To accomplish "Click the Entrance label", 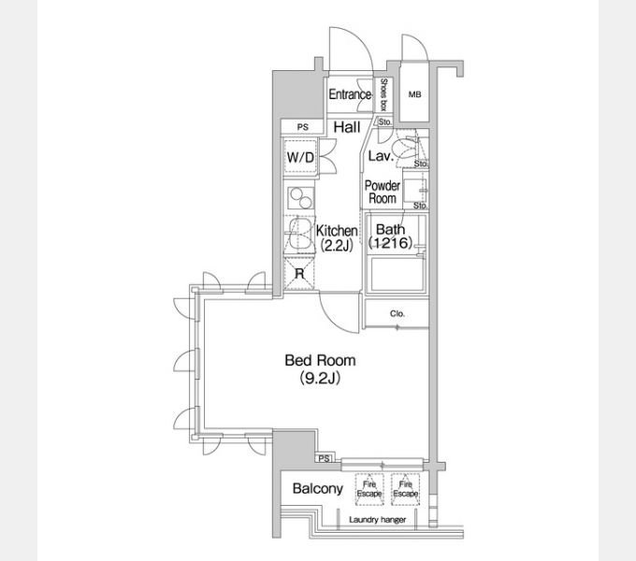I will click(x=350, y=95).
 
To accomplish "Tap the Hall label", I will click(x=348, y=126).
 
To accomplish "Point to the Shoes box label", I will click(x=384, y=94).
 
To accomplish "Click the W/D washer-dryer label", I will click(x=300, y=157).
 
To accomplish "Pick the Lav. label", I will click(x=379, y=155).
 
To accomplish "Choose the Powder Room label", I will click(x=383, y=193).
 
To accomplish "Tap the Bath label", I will click(x=389, y=229).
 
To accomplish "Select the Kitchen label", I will click(x=337, y=231).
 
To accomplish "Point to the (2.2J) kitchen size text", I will click(x=335, y=246).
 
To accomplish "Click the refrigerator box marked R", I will click(x=299, y=274).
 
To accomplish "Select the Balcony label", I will click(x=316, y=489).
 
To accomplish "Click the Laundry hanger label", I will click(x=377, y=520).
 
